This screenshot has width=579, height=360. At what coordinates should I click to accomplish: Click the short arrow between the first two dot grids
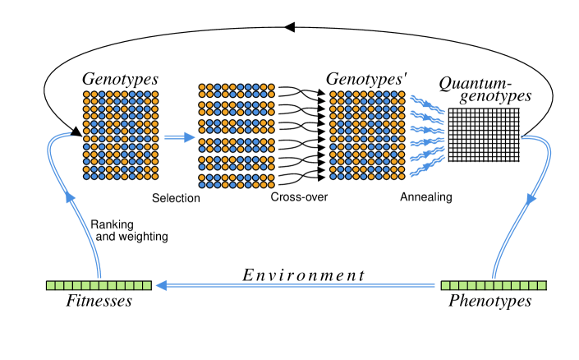176,137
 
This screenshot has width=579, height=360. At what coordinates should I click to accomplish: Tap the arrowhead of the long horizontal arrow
161,285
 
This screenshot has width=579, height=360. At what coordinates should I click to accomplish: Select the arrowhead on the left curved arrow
70,197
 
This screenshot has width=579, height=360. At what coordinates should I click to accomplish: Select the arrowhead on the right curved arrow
531,198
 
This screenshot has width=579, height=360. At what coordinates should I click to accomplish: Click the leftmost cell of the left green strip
51,285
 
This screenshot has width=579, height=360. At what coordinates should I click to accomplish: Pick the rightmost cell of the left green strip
147,285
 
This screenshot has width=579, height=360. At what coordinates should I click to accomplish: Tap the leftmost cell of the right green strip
446,285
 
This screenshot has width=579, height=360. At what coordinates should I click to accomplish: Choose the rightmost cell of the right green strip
542,285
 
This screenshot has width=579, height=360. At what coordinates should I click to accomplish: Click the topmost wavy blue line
427,104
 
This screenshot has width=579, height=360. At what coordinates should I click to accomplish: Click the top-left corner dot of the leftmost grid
86,95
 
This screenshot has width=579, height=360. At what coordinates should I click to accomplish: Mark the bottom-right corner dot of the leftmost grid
154,176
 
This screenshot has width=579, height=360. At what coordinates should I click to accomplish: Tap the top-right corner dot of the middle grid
271,86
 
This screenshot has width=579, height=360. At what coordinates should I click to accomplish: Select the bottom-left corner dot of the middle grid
202,185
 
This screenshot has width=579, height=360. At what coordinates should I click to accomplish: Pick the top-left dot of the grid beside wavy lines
333,95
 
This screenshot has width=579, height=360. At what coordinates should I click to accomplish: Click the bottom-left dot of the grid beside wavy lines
333,176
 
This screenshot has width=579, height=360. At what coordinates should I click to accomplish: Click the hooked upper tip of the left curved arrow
71,134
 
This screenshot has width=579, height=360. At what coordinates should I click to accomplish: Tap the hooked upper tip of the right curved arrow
523,136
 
